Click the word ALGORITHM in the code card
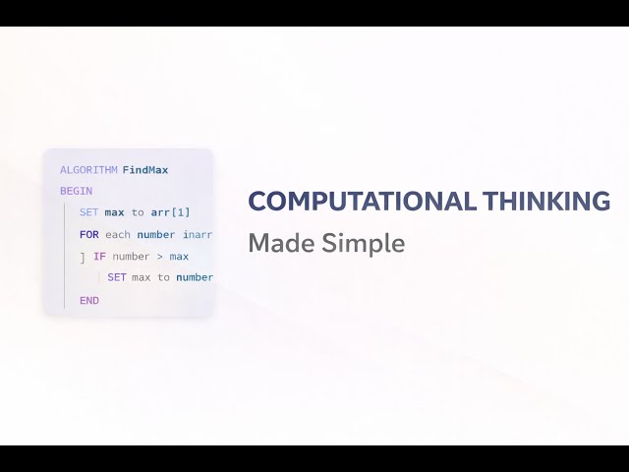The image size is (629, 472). [x=88, y=170]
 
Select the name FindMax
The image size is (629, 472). [x=145, y=170]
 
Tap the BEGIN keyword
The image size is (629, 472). [x=76, y=192]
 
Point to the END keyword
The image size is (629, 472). [x=89, y=300]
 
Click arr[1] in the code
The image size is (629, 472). [x=171, y=212]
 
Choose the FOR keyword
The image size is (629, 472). [x=89, y=235]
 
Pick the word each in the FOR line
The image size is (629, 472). [x=118, y=235]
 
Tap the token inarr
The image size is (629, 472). [x=198, y=235]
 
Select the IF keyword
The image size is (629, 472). [x=99, y=257]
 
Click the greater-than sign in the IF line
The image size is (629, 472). [x=160, y=257]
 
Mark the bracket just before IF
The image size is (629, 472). [x=83, y=259]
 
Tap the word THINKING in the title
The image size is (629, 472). [x=546, y=202]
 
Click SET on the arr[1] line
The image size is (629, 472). [x=89, y=212]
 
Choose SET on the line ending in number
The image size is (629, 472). [x=117, y=277]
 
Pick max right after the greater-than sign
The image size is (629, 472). [x=179, y=257]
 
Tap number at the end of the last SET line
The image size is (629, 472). [x=195, y=277]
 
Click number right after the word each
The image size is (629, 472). [x=156, y=235]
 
